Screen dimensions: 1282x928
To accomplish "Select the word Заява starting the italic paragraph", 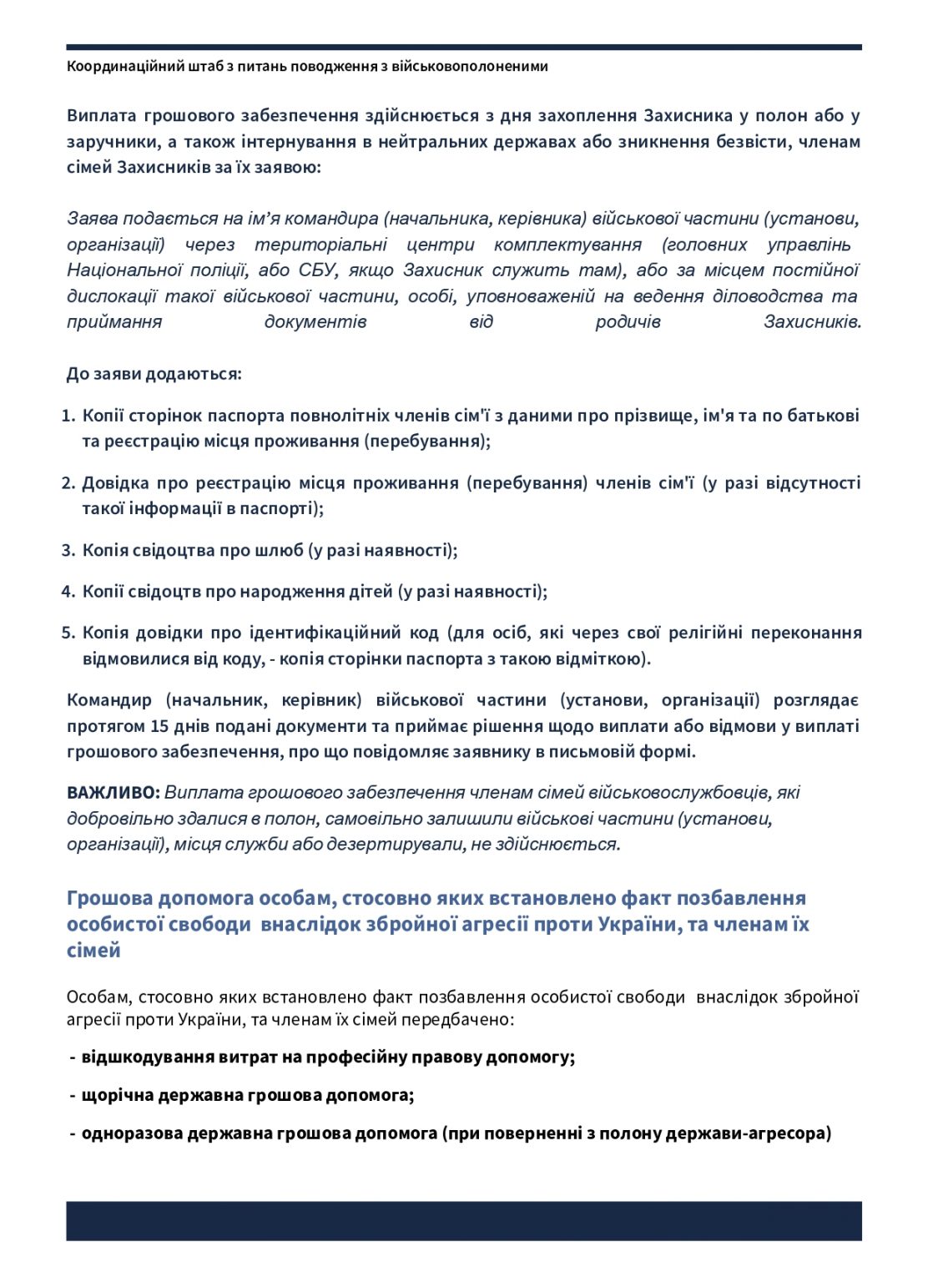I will pos(92,219).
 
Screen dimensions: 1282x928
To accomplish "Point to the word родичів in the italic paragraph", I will pos(628,321).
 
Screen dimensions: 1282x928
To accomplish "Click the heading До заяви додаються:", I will pos(154,374).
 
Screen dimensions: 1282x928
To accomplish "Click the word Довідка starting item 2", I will pos(115,483).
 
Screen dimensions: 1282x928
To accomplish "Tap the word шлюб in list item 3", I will pos(279,550).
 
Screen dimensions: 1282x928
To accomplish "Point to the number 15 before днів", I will pos(159,726).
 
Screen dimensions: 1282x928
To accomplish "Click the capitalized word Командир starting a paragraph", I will pos(109,700).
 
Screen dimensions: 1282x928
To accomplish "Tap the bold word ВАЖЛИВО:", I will pos(113,792).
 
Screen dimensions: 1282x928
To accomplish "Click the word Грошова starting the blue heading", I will pos(109,898).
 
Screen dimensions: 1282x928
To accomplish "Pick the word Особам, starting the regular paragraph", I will pos(98,997).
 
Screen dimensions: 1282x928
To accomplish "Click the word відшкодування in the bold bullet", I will pos(147,1057).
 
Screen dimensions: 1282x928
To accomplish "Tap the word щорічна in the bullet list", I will pos(117,1095).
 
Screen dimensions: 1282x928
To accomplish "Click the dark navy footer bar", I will pos(464,1220).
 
